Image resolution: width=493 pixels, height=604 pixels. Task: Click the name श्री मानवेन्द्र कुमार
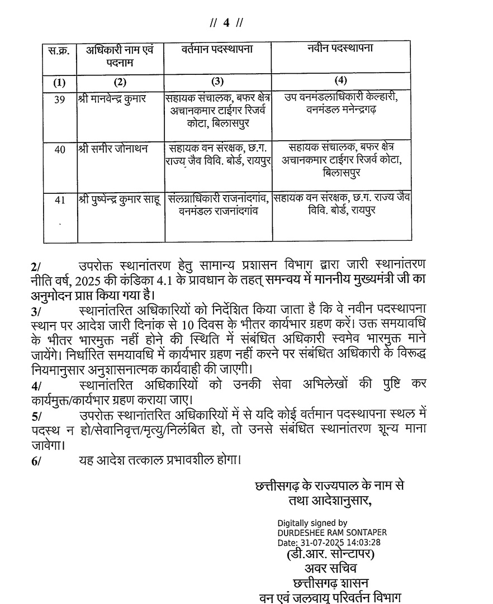point(113,99)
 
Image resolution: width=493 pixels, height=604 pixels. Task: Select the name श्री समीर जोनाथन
point(110,149)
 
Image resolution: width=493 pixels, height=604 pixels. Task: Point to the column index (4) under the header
point(340,79)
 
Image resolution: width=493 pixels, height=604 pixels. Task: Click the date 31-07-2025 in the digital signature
point(324,542)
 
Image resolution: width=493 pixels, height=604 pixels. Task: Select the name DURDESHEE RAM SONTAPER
point(332,533)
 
